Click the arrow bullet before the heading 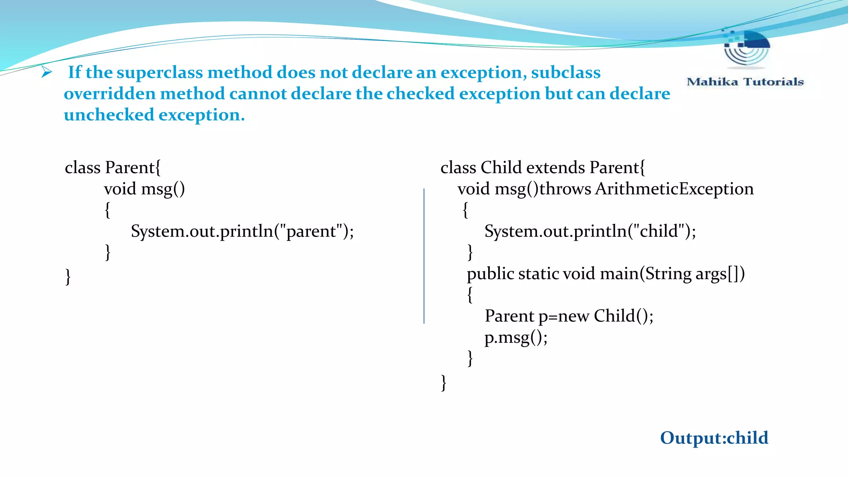pos(46,72)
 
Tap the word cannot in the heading pos(257,94)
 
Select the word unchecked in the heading pos(108,115)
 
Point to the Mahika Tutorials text pos(745,82)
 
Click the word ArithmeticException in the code pos(674,189)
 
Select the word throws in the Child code pos(565,189)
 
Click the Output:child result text pos(714,438)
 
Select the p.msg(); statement pos(516,337)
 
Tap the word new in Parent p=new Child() pos(573,316)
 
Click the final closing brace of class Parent pos(68,277)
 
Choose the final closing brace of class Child pos(443,383)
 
